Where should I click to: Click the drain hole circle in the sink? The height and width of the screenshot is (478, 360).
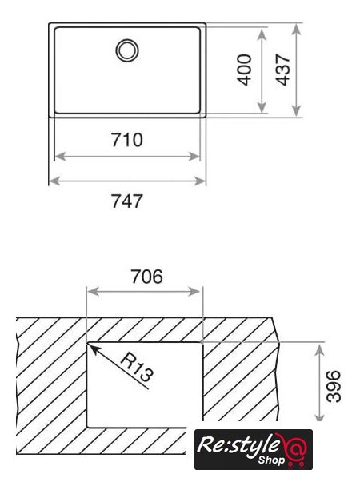(127, 40)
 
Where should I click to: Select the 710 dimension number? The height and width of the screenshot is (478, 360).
(126, 140)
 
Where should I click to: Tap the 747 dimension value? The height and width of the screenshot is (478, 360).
(126, 201)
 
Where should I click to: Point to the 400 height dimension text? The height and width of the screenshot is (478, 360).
(244, 70)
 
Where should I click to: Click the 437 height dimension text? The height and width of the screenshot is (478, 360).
(282, 70)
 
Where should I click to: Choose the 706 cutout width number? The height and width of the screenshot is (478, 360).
(146, 277)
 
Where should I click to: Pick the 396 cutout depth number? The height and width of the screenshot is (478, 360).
(333, 386)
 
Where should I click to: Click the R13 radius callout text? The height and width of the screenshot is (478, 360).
(136, 368)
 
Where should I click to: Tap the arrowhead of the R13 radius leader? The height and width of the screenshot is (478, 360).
(93, 348)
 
